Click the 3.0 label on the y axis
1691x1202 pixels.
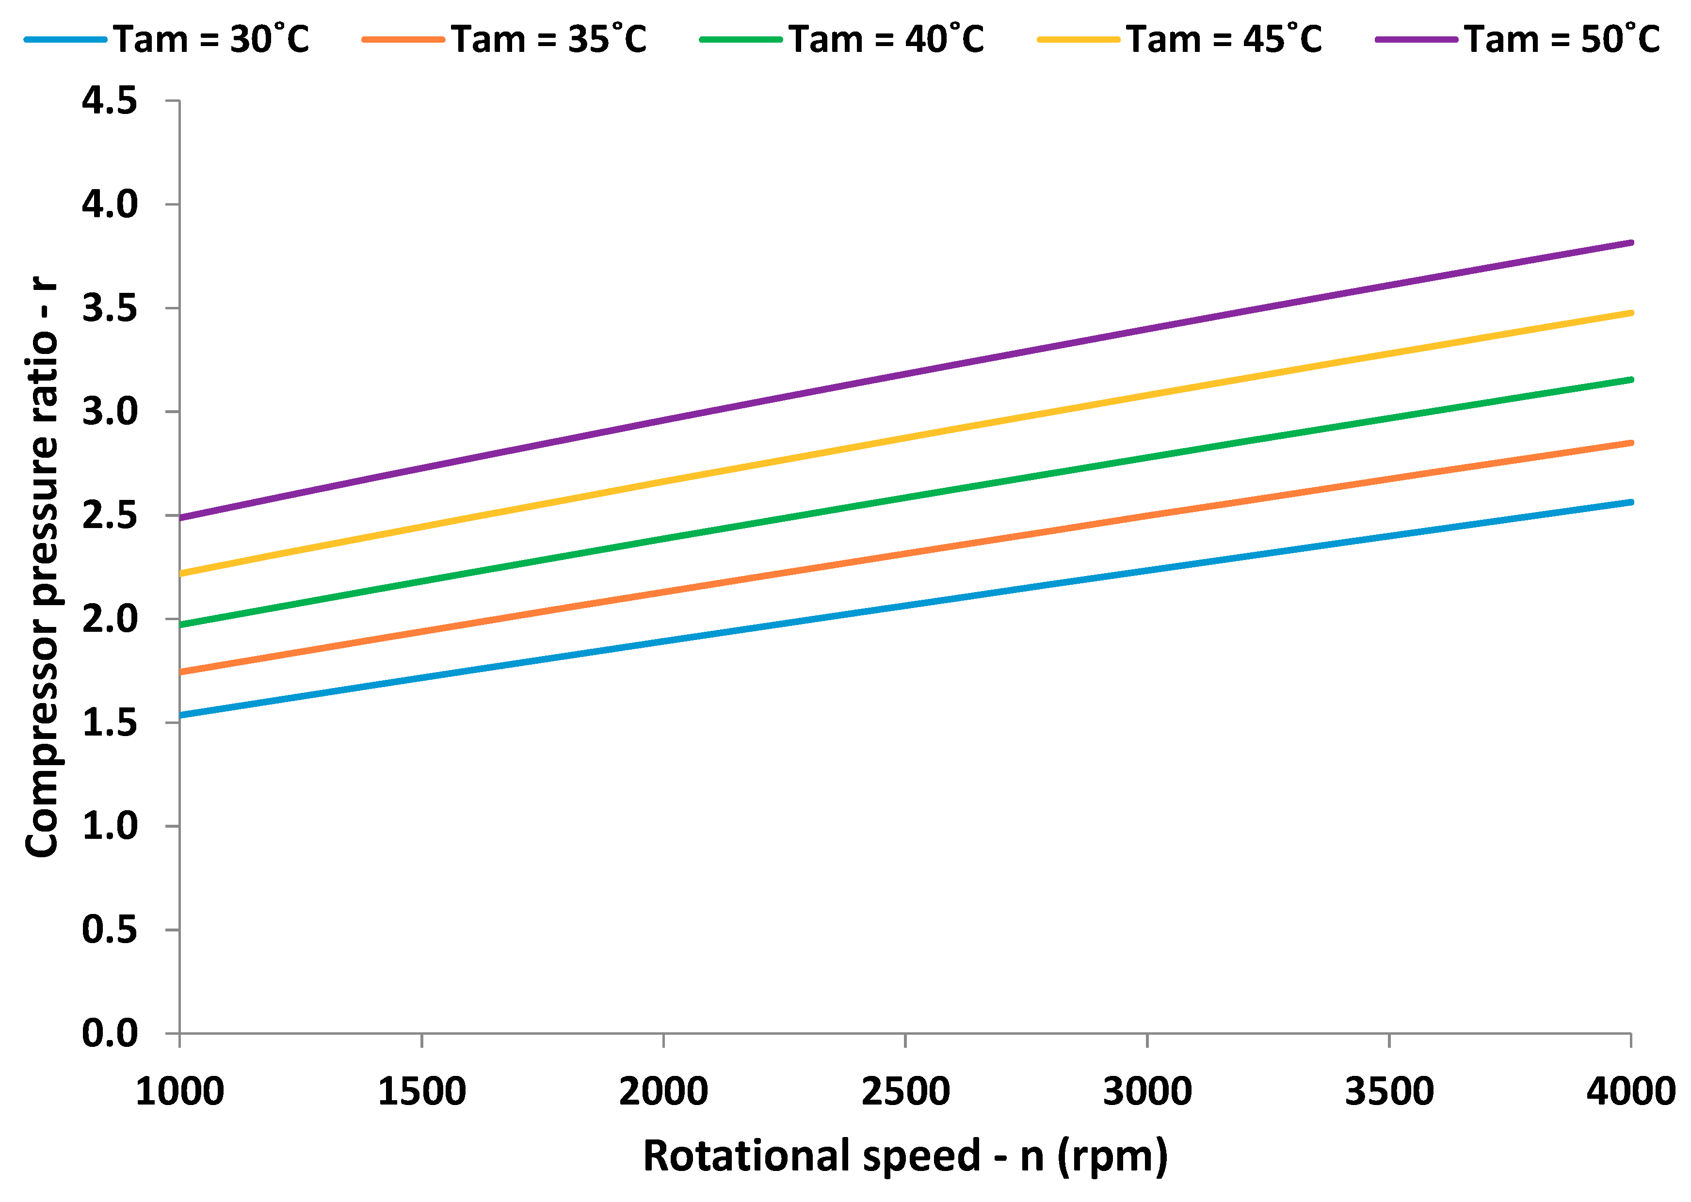click(x=110, y=412)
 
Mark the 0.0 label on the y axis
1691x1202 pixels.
click(x=110, y=1033)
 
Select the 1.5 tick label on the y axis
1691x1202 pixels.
click(x=110, y=722)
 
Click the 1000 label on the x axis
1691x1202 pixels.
click(x=180, y=1092)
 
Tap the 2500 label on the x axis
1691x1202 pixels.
click(x=905, y=1092)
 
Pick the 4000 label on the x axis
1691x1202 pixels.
click(x=1630, y=1092)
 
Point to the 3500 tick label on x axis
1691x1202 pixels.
click(x=1389, y=1092)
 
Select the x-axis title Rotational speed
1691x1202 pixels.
click(x=905, y=1156)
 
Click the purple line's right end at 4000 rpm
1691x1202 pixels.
click(x=1630, y=243)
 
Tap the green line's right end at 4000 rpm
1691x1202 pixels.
click(x=1630, y=380)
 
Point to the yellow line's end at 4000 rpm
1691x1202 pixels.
click(x=1630, y=313)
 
